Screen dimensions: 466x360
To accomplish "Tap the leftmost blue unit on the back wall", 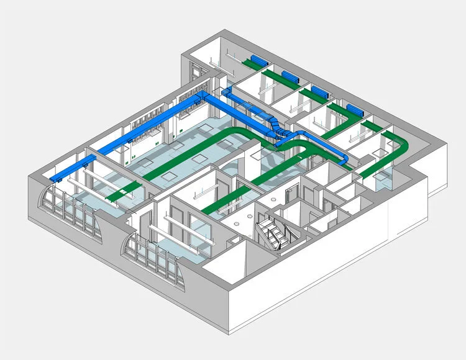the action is click(255, 61).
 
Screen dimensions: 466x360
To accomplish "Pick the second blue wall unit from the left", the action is click(290, 76).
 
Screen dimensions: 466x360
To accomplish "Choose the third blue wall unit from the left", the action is click(320, 92).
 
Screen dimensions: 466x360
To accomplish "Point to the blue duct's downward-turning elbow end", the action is click(345, 161).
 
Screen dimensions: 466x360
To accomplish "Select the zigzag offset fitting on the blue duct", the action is click(273, 127).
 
